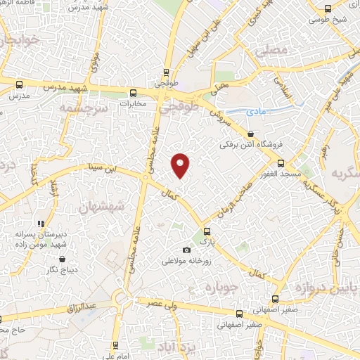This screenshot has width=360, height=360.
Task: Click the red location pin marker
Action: tap(181, 164)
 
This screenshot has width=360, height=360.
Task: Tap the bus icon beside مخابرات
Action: tap(133, 92)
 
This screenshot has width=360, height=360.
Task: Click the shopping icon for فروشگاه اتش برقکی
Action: tap(251, 133)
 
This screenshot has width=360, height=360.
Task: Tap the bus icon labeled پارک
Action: tap(206, 231)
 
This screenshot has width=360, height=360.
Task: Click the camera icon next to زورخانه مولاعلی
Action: tap(186, 250)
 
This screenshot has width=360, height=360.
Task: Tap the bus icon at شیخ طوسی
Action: tap(328, 8)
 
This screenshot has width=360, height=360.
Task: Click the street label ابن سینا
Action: tap(100, 168)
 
